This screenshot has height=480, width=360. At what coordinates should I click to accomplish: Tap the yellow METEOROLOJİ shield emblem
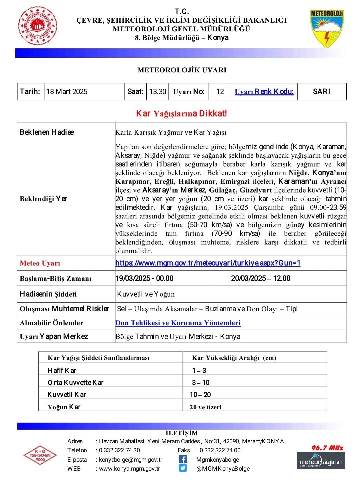tap(327, 29)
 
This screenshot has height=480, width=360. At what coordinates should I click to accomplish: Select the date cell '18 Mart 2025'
tap(67, 92)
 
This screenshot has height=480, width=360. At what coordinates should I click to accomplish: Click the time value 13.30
tap(158, 92)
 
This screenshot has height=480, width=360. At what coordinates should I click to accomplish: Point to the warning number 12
tap(220, 92)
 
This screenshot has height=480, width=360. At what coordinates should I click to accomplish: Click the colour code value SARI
tap(321, 92)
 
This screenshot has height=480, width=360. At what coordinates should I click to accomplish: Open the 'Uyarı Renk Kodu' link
tap(264, 92)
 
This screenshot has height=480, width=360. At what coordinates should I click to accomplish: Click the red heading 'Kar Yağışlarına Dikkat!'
tap(181, 114)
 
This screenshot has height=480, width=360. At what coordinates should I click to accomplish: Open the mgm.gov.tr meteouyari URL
tap(208, 263)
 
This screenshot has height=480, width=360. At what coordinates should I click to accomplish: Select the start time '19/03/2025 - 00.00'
tap(145, 279)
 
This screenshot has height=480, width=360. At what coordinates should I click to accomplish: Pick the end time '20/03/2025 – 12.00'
tap(261, 279)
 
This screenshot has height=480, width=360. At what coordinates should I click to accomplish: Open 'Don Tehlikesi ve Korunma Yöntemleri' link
tap(178, 323)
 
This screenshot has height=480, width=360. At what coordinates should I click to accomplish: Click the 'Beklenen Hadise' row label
tap(47, 132)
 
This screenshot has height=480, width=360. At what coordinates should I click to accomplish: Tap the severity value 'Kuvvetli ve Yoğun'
tap(146, 294)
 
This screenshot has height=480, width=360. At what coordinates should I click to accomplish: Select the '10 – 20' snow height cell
tap(200, 395)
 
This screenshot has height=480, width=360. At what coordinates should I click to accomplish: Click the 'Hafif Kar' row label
tap(62, 371)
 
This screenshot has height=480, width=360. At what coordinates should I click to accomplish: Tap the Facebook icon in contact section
tap(183, 459)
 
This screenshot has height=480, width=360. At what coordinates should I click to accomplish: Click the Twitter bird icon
tap(183, 468)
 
